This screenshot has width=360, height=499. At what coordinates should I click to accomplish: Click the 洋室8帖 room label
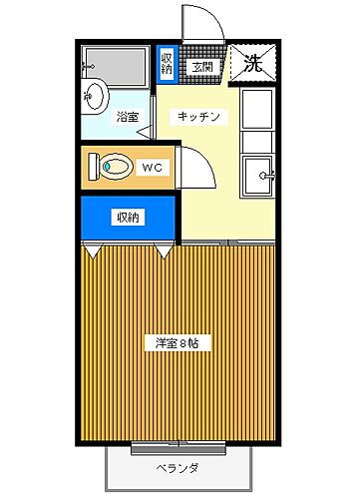pyautogui.click(x=177, y=344)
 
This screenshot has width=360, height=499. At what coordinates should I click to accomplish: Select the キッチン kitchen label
pyautogui.click(x=197, y=117)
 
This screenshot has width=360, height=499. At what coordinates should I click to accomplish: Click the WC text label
pyautogui.click(x=152, y=166)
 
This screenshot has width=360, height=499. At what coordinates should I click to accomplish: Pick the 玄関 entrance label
pyautogui.click(x=202, y=67)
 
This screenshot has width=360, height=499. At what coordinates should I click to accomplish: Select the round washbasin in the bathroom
pyautogui.click(x=96, y=97)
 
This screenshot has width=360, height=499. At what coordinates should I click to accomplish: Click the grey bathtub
pyautogui.click(x=119, y=64)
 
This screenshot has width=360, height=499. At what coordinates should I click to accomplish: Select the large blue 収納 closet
pyautogui.click(x=127, y=218)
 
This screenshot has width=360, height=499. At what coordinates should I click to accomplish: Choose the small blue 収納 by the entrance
pyautogui.click(x=167, y=63)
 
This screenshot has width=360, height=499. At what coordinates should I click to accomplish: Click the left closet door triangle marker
pyautogui.click(x=92, y=250)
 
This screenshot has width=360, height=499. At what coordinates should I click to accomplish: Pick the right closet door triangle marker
pyautogui.click(x=163, y=250)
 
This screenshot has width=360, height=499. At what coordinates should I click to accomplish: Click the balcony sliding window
pyautogui.click(x=177, y=442)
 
